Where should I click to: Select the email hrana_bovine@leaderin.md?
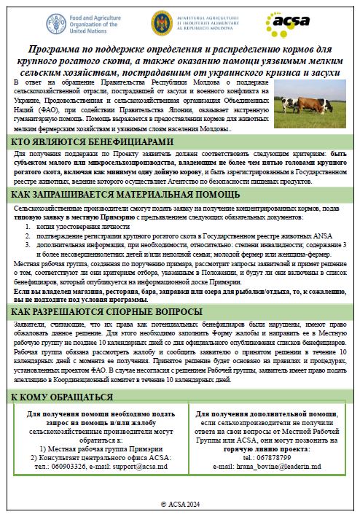[266, 464]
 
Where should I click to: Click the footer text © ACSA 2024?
[179, 503]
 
